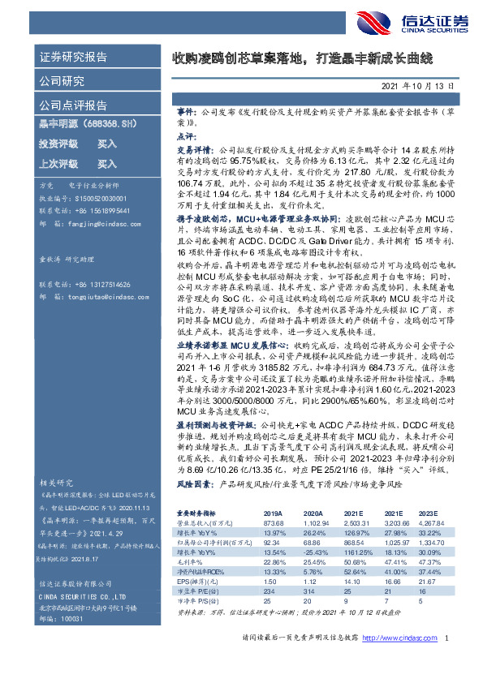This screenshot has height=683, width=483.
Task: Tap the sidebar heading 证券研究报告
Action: (74, 58)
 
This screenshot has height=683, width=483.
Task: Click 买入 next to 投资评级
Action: (107, 144)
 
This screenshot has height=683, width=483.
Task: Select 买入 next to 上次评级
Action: (107, 164)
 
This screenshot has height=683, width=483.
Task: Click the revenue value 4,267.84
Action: (430, 523)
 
